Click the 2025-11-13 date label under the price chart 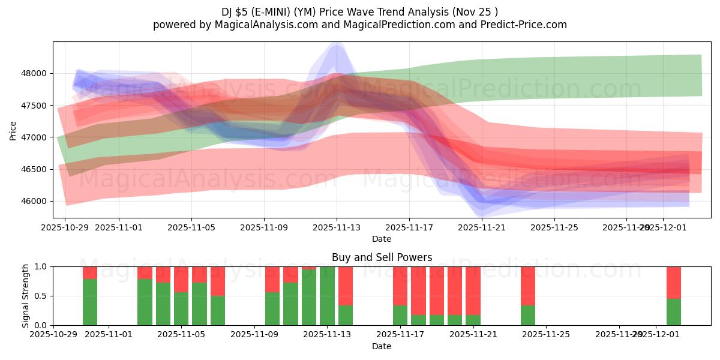pyautogui.click(x=337, y=227)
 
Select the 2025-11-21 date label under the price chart pyautogui.click(x=482, y=227)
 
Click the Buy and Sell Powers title pyautogui.click(x=382, y=257)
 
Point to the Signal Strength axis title pyautogui.click(x=26, y=296)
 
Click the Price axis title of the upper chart pyautogui.click(x=13, y=130)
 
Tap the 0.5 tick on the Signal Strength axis pyautogui.click(x=41, y=296)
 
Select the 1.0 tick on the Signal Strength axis pyautogui.click(x=41, y=266)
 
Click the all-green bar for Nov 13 pyautogui.click(x=327, y=296)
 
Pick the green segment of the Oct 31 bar pyautogui.click(x=90, y=302)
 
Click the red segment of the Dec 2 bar pyautogui.click(x=674, y=282)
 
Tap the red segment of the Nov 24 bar pyautogui.click(x=528, y=286)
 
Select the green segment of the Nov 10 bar pyautogui.click(x=272, y=309)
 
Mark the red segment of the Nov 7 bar pyautogui.click(x=218, y=281)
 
